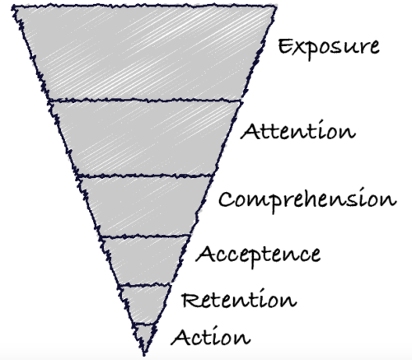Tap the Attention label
pos(298,130)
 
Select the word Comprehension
pos(307,200)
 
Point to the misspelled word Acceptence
pos(258,255)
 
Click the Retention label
pos(239,299)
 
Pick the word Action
pos(211,336)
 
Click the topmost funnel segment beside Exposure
pos(144,52)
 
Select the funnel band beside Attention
pos(144,138)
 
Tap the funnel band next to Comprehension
pos(144,206)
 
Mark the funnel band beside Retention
pos(144,305)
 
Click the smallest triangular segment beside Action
pos(144,335)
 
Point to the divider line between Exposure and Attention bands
pos(145,101)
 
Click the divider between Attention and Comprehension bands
pos(145,175)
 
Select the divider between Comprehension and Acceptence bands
pos(145,236)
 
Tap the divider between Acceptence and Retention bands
pos(145,286)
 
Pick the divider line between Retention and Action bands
pos(144,325)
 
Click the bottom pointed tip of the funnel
pos(144,355)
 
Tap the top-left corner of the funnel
pos(12,7)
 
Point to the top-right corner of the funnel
pos(275,6)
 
